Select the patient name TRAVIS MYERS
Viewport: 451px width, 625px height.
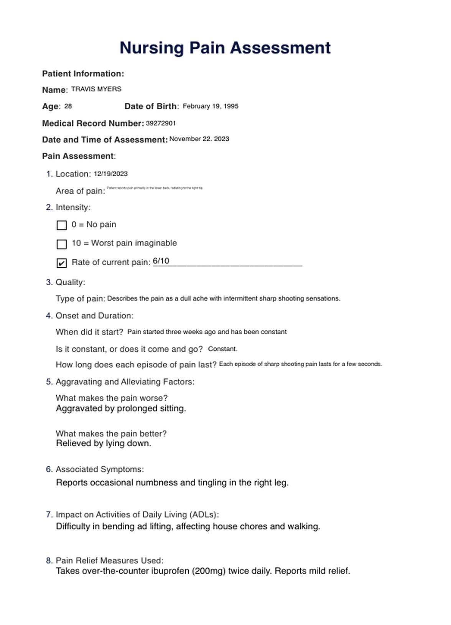[96, 89]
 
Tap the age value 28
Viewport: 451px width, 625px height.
[68, 106]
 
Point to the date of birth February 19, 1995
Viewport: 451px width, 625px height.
[210, 106]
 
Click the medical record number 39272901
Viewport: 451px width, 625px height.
[161, 123]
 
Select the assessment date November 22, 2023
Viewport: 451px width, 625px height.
[199, 139]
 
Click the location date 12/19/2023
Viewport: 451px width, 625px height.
[110, 174]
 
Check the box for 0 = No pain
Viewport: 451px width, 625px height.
[62, 225]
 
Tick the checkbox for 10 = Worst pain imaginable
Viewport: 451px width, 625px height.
[62, 244]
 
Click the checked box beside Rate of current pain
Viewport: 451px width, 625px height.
[62, 263]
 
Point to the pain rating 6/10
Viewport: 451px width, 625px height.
[161, 261]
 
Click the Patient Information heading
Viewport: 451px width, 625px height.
[83, 74]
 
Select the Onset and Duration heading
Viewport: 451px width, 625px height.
[94, 316]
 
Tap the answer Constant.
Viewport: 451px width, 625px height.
[222, 349]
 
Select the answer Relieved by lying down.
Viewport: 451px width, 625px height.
[104, 443]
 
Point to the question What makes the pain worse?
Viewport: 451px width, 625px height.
[112, 398]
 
